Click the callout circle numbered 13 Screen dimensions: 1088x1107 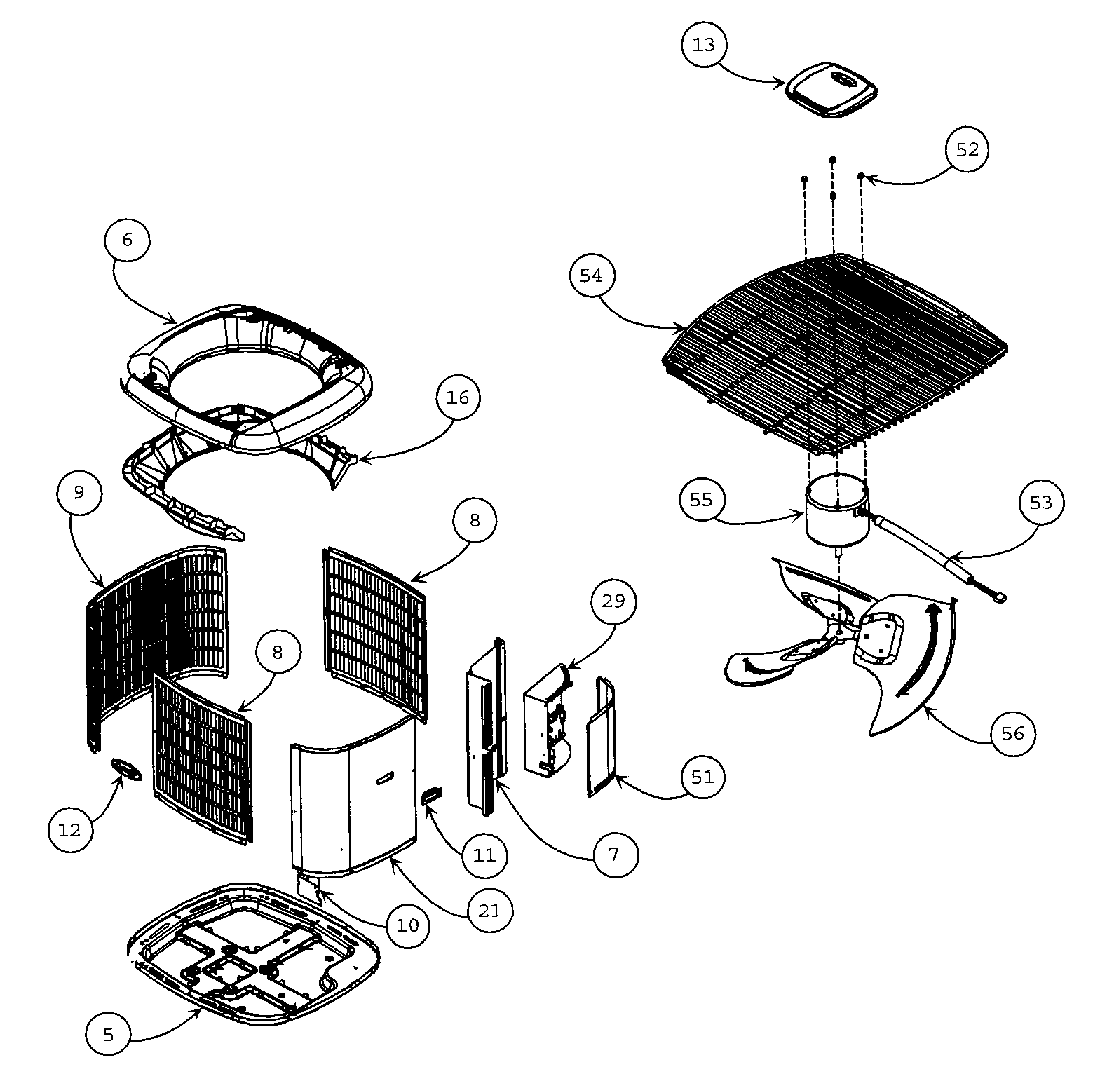703,45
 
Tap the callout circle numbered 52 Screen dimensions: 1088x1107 967,150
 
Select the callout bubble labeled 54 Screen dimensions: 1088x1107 591,276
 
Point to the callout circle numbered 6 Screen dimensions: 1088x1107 126,240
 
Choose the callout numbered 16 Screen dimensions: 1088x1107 457,398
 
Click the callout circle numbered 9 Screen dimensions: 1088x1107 79,493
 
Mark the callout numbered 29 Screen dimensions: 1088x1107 613,601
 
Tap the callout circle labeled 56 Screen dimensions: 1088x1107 1013,734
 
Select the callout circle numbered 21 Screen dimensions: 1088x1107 489,911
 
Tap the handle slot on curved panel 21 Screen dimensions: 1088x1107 385,777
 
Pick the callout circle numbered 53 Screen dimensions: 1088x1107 1041,503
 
